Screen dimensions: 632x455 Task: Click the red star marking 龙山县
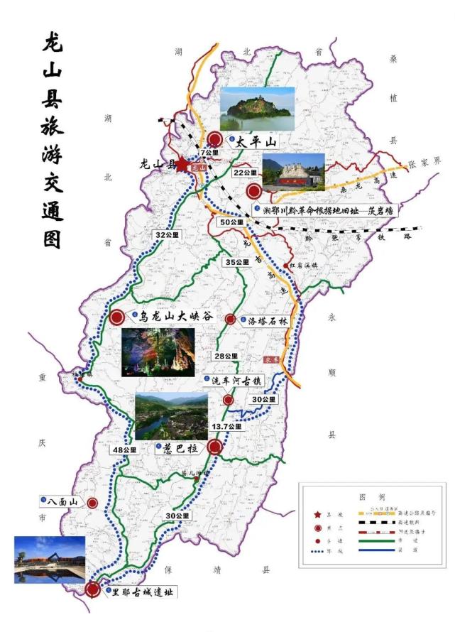tap(182, 164)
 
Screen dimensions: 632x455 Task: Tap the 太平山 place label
tap(251, 141)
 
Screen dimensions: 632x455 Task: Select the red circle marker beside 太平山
tap(216, 139)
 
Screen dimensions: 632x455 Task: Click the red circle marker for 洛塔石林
tap(230, 320)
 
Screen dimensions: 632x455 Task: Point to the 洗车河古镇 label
tap(237, 381)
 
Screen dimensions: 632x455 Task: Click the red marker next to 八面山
tap(92, 503)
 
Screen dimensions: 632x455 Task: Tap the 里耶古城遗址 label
tap(142, 591)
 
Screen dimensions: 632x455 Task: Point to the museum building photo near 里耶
tap(49, 560)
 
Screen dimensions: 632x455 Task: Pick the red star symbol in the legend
tap(316, 513)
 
